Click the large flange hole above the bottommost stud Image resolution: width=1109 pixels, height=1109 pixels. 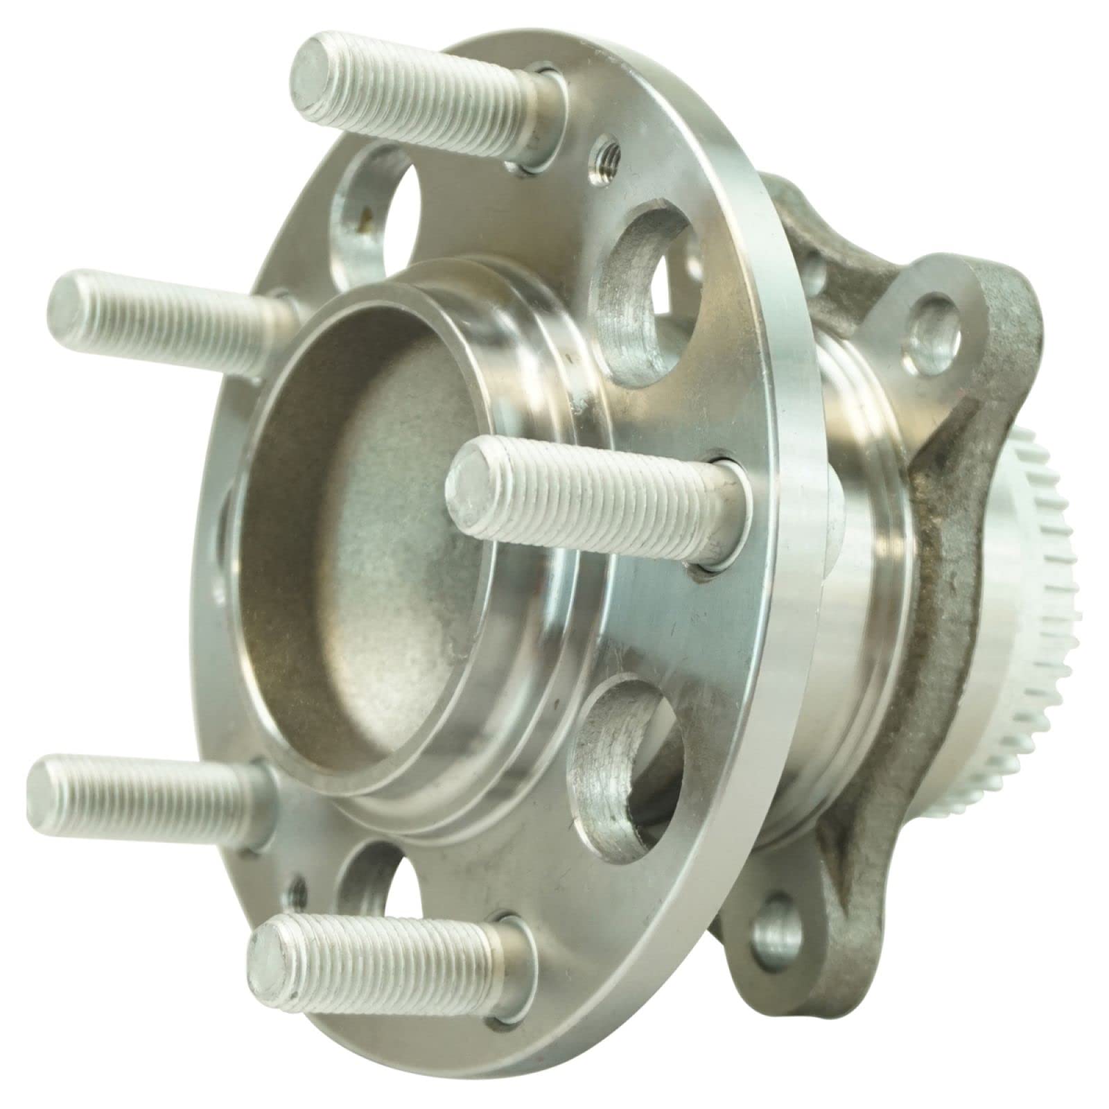367,880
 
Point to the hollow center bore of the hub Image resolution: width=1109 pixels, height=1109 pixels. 360,527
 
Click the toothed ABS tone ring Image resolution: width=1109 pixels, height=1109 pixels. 1033,554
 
